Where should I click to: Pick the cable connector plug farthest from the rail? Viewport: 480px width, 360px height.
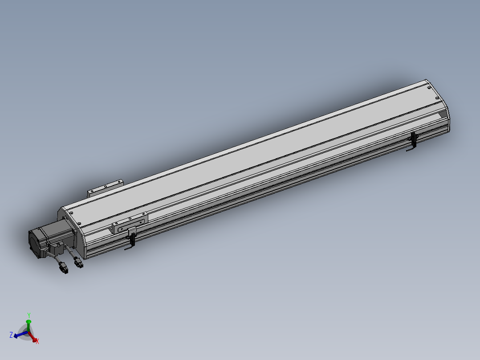[x=64, y=269]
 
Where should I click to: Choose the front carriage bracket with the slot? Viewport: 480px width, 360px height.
[x=129, y=224]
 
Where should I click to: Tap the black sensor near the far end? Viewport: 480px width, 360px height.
[x=413, y=140]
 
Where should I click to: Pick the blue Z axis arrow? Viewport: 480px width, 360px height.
[x=19, y=335]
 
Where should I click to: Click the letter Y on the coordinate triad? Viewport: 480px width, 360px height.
[x=29, y=314]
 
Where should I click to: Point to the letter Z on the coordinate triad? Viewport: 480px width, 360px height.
[x=11, y=335]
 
